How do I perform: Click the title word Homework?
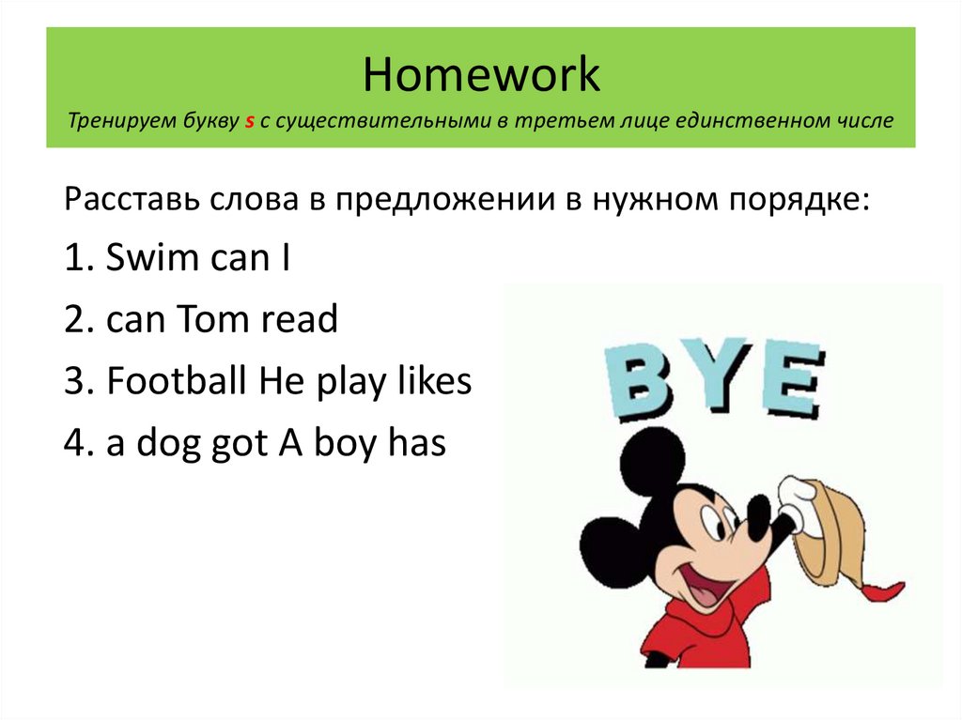[x=481, y=75]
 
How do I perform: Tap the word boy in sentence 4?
[x=344, y=444]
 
